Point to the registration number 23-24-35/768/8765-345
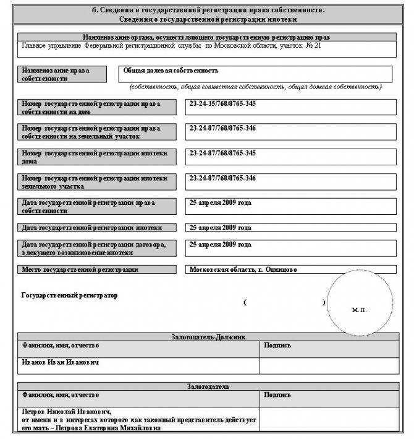[222, 103]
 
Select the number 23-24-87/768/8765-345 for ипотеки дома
[222, 153]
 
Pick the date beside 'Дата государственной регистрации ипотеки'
[220, 228]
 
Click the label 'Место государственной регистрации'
[80, 270]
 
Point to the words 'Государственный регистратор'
[69, 296]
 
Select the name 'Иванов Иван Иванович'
[60, 362]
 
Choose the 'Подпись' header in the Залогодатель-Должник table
[276, 345]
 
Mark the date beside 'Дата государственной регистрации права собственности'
[220, 203]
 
